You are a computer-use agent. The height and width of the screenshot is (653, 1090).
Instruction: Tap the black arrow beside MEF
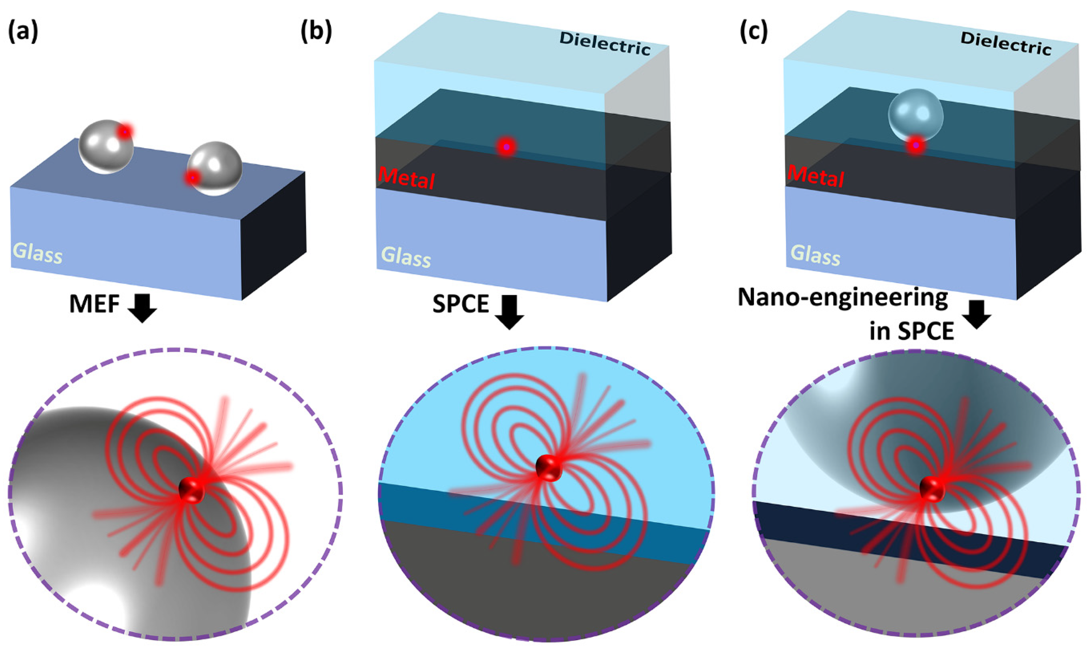142,308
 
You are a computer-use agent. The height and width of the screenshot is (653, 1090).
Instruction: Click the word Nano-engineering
842,298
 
